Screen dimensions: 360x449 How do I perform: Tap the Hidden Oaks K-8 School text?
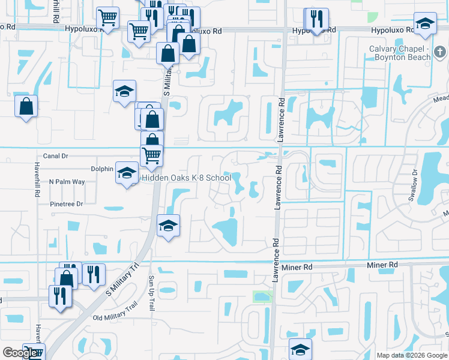click(x=187, y=178)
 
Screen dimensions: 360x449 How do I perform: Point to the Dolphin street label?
click(x=102, y=169)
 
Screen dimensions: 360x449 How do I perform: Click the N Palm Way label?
click(x=67, y=181)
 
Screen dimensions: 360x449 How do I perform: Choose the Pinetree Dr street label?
click(x=66, y=204)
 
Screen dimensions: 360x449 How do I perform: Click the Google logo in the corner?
click(x=20, y=353)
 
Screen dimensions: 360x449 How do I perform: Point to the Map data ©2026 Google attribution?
click(x=412, y=355)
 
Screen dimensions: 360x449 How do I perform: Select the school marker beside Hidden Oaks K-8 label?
click(x=126, y=174)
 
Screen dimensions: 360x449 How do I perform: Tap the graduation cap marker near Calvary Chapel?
click(x=425, y=24)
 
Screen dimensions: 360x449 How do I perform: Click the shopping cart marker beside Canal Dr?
click(x=151, y=155)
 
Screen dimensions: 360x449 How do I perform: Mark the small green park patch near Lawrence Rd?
click(x=262, y=296)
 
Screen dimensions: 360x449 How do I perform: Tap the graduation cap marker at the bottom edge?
click(x=300, y=349)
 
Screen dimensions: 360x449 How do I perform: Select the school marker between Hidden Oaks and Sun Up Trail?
click(x=169, y=226)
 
